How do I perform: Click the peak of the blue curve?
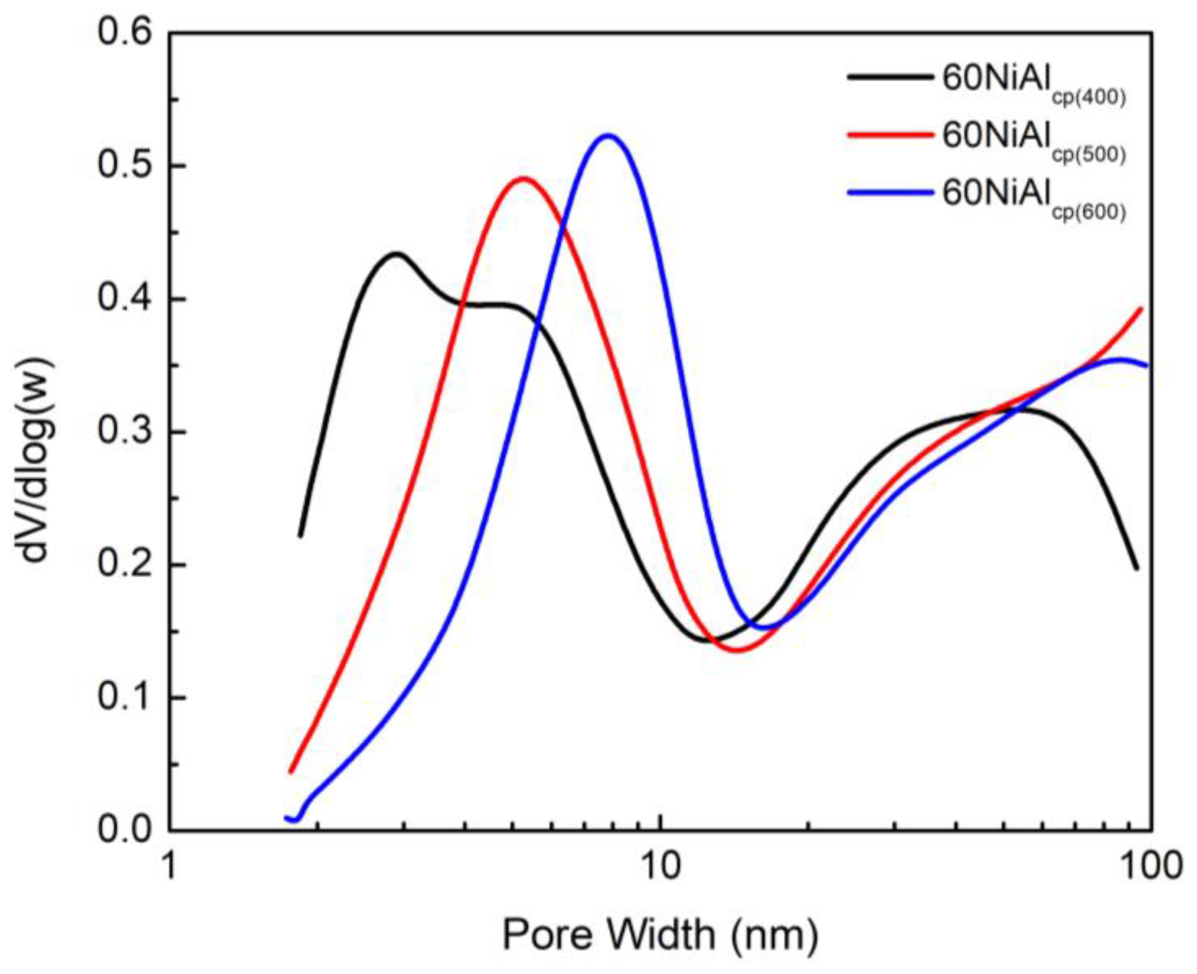click(608, 135)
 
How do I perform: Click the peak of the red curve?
click(523, 178)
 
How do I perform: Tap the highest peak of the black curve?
click(396, 254)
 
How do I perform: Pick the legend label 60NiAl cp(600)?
click(1034, 199)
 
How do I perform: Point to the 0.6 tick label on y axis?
click(125, 33)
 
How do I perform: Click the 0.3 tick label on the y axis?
click(125, 433)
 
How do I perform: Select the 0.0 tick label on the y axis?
click(125, 830)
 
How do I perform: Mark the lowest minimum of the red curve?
click(739, 650)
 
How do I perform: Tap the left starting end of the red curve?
click(290, 772)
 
